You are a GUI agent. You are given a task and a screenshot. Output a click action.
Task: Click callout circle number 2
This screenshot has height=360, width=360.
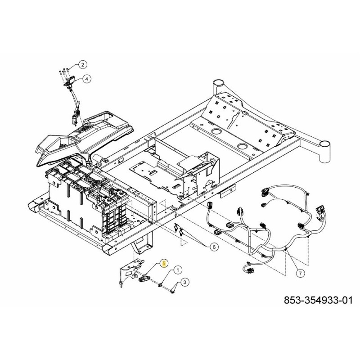click(82, 64)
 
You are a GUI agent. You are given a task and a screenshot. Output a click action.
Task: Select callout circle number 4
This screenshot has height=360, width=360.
click(86, 78)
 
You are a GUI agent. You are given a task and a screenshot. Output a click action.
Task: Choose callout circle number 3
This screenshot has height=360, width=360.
click(184, 282)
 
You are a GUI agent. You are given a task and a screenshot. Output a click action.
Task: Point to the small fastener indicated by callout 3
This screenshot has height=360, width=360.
click(172, 292)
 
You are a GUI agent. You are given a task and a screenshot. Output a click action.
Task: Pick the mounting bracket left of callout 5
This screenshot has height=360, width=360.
click(128, 272)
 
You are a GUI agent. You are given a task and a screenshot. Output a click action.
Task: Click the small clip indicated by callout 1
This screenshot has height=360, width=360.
click(161, 283)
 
